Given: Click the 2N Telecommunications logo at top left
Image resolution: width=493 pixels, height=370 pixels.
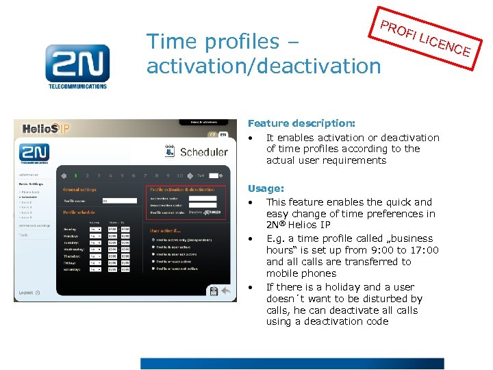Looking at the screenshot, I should click(x=77, y=66).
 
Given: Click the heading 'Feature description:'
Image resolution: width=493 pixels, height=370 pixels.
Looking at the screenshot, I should click(x=301, y=123).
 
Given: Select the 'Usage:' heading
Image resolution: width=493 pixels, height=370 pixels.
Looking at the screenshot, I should click(x=266, y=188).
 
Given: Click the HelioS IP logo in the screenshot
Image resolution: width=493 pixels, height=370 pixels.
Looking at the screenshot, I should click(x=46, y=128).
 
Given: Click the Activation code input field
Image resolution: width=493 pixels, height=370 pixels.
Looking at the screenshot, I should click(x=202, y=198).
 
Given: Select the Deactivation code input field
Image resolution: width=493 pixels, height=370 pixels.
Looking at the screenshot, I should click(x=202, y=206).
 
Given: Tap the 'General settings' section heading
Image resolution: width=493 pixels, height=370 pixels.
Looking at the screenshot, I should click(x=80, y=189).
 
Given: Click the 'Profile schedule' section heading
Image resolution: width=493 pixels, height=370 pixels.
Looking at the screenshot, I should click(x=79, y=213).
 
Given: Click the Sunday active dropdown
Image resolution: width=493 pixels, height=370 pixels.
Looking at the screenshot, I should click(x=97, y=230).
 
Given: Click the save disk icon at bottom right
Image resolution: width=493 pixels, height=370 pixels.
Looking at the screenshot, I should click(x=214, y=291).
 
